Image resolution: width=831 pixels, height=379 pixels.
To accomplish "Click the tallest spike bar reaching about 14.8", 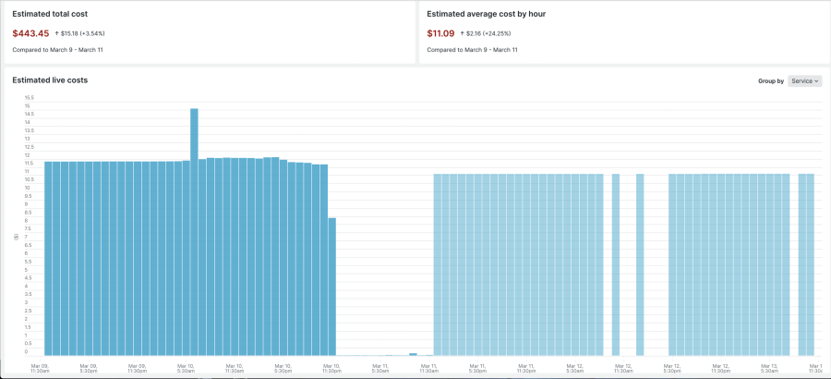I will pyautogui.click(x=194, y=231).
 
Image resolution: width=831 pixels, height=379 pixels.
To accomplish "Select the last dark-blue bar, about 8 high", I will pyautogui.click(x=331, y=287).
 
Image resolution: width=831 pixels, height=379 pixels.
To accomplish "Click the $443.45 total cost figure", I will pyautogui.click(x=30, y=33).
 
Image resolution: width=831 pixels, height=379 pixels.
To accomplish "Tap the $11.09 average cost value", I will pyautogui.click(x=441, y=33).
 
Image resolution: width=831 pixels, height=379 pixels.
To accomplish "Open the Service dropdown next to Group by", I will pyautogui.click(x=805, y=81).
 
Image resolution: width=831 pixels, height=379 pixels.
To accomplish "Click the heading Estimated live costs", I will pyautogui.click(x=50, y=80).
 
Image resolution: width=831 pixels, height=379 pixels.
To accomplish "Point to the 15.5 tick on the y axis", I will pyautogui.click(x=29, y=97).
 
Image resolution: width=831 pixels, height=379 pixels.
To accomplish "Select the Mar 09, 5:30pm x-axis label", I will pyautogui.click(x=89, y=368).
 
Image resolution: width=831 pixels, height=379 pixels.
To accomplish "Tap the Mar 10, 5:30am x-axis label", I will pyautogui.click(x=186, y=368).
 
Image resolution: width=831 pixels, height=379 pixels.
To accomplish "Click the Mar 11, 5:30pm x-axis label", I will pyautogui.click(x=477, y=368).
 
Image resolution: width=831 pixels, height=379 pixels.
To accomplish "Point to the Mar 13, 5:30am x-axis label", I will pyautogui.click(x=768, y=368).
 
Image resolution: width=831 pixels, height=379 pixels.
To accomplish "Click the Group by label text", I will pyautogui.click(x=771, y=81).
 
